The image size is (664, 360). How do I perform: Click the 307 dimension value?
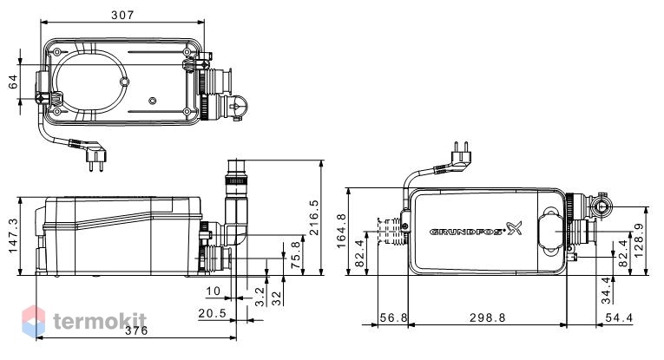coord(122,15)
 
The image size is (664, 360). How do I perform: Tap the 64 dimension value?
coord(14,82)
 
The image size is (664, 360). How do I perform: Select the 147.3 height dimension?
coord(14,236)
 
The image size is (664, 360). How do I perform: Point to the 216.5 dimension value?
coord(313,218)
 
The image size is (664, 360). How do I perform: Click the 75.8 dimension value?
coord(296,255)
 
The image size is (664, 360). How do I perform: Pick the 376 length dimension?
coord(136,331)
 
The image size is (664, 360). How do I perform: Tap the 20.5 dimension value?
coord(213,313)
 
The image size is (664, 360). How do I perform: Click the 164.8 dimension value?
coord(342,231)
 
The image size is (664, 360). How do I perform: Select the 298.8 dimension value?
coord(488,317)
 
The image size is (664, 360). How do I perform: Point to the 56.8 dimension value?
coord(394,317)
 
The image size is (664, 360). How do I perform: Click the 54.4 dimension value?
coord(619,317)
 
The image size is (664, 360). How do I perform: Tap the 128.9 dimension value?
coord(639,240)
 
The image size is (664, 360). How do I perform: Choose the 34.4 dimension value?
coord(607,291)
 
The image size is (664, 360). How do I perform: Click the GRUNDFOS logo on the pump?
coord(476,230)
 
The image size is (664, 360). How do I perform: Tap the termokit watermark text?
coord(100,322)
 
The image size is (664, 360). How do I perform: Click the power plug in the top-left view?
coord(94,154)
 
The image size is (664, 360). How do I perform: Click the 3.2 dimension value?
coord(260,297)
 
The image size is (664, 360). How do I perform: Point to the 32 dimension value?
coord(277,298)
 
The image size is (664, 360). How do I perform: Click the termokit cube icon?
coord(34,322)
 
